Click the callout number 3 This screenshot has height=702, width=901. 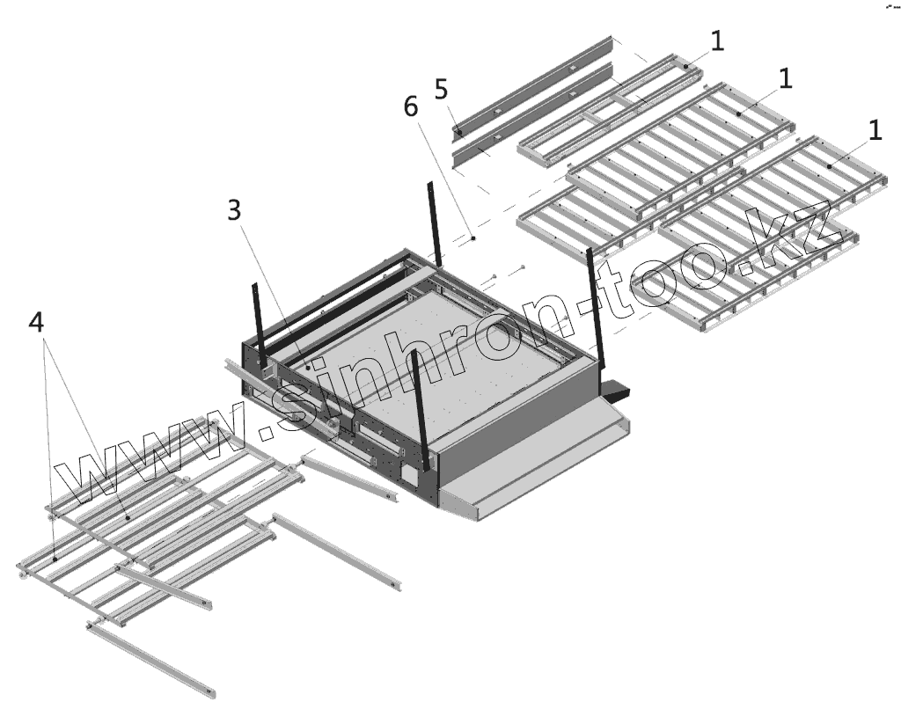[x=234, y=210]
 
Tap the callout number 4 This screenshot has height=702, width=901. [x=36, y=322]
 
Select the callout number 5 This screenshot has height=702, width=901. [x=441, y=88]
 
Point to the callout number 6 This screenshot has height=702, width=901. [x=411, y=106]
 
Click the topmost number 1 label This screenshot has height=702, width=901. [x=718, y=40]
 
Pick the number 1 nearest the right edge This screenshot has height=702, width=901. [x=875, y=130]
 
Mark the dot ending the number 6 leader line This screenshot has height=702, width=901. [x=473, y=238]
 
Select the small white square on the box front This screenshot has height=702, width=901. [x=408, y=473]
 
